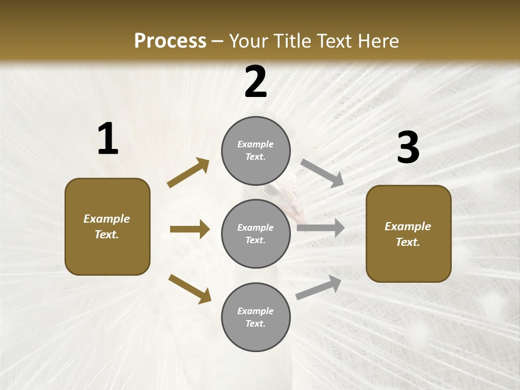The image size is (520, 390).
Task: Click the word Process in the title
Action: pos(170,41)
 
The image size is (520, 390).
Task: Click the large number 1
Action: pos(108,139)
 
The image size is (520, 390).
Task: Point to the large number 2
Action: pos(256,82)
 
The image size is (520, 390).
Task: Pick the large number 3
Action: pos(408,148)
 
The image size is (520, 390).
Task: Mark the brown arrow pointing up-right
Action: pos(188,173)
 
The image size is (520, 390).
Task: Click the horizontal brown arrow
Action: pos(190,229)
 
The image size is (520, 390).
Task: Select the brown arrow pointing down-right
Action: pos(190,289)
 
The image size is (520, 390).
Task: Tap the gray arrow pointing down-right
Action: pos(322,173)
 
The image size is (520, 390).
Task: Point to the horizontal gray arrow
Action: pos(321,228)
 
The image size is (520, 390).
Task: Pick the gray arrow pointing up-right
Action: pos(318,287)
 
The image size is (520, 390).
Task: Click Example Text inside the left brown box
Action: pos(107,226)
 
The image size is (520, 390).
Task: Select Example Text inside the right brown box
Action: pos(408,234)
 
